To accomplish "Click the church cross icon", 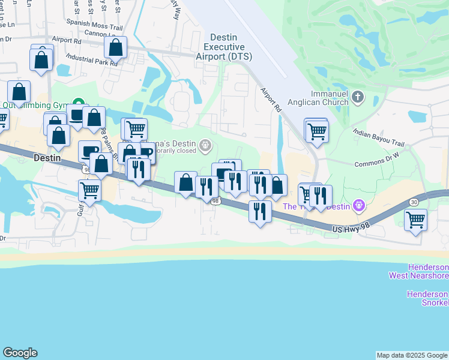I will point(358,97).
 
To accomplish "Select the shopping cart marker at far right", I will point(415,220).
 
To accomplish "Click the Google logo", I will point(20,353).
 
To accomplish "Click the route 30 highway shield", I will point(414,202).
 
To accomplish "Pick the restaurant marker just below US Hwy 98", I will point(259,211).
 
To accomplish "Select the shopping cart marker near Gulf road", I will point(89,191).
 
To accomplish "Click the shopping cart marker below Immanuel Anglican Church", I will point(316,130).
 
